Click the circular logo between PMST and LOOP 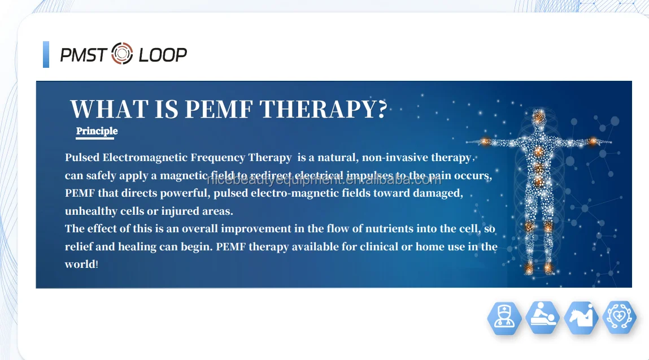(x=122, y=54)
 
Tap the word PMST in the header (x=84, y=55)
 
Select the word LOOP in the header (x=163, y=55)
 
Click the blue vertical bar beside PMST (x=46, y=54)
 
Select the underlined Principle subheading (x=97, y=131)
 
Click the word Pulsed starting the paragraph (x=82, y=158)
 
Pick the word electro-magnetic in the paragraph (x=330, y=193)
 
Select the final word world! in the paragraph (x=82, y=264)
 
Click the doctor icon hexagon (x=504, y=318)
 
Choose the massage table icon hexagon (x=542, y=318)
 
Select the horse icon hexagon (x=581, y=318)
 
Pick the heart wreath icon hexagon (x=620, y=318)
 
